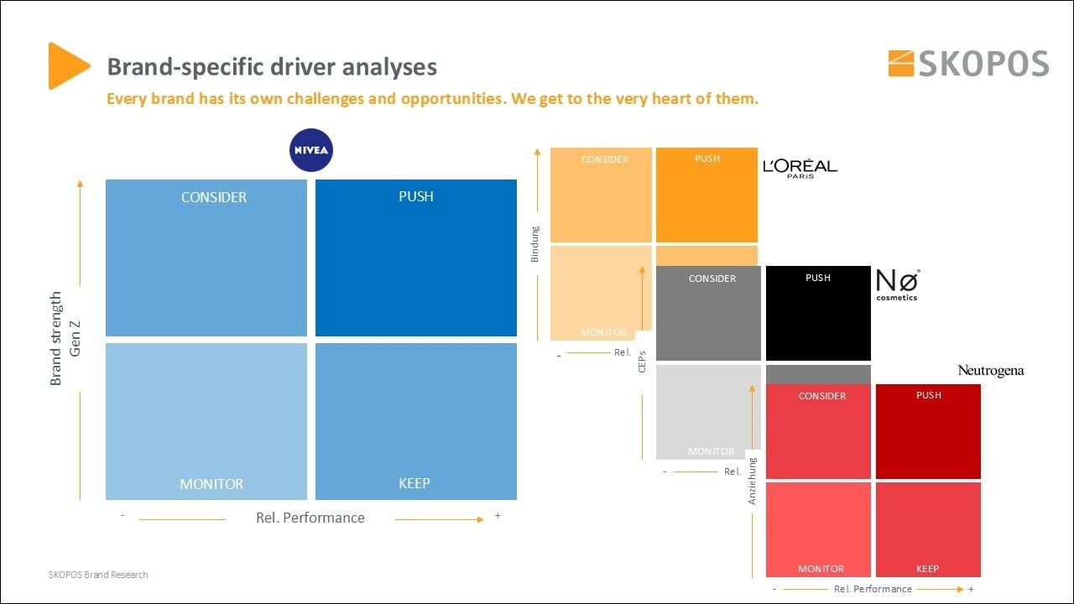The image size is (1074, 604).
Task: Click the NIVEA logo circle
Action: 311,150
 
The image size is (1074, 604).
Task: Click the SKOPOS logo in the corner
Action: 968,64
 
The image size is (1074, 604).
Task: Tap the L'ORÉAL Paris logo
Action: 800,168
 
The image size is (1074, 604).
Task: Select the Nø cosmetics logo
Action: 898,284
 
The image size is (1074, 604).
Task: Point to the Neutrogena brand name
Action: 991,371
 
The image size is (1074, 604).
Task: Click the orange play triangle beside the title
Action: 68,65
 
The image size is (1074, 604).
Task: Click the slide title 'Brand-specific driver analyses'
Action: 272,67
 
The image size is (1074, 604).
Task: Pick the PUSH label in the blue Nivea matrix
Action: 416,196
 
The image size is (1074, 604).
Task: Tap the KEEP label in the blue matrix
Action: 414,483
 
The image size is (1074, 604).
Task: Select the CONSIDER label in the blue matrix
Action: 214,197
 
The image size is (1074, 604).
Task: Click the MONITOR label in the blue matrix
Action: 211,484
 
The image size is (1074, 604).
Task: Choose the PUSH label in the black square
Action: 818,278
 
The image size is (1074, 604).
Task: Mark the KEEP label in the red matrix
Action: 927,569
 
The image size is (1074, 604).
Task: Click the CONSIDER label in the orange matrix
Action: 605,159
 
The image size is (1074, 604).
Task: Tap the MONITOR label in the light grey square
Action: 711,451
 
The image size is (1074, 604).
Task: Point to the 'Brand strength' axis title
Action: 56,338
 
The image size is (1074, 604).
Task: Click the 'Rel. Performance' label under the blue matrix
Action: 310,518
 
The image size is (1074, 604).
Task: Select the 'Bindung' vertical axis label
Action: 535,243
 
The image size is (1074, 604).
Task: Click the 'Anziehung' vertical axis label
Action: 753,481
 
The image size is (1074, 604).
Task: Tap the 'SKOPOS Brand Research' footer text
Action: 98,575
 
